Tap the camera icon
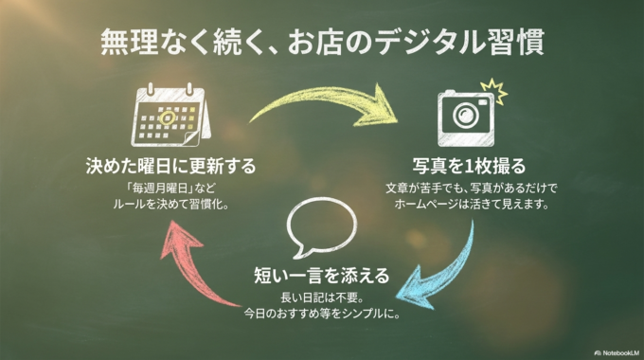[466, 114]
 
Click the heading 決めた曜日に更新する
[169, 167]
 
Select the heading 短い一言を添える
[321, 276]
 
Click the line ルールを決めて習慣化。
[170, 204]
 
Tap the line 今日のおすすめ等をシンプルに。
[321, 314]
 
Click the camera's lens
[465, 116]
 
